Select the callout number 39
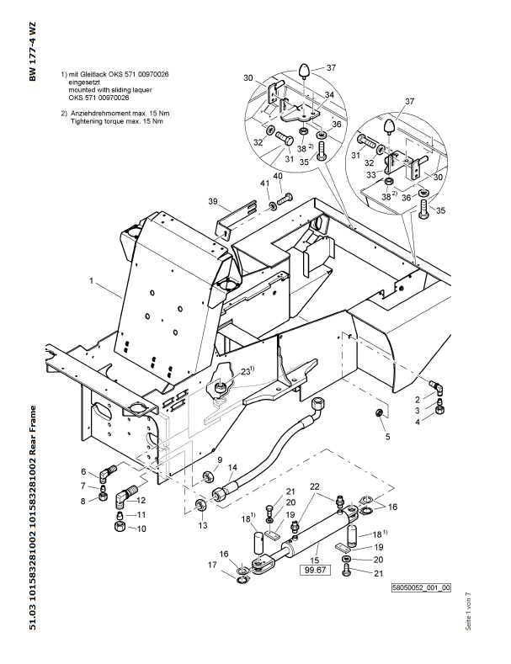click(x=213, y=201)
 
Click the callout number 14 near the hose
click(x=232, y=467)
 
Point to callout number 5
click(x=387, y=437)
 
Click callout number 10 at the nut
click(x=141, y=529)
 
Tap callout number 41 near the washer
click(x=263, y=183)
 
